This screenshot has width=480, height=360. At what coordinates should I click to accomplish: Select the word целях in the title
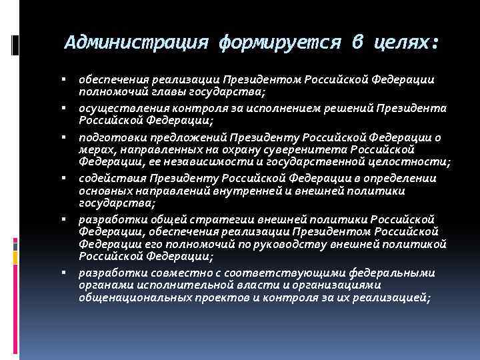coord(402,44)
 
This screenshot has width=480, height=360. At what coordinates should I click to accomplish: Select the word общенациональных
coord(131,297)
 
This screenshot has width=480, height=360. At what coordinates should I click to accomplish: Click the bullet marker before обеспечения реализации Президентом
coord(69,79)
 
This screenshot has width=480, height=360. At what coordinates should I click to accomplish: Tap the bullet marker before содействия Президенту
coord(69,179)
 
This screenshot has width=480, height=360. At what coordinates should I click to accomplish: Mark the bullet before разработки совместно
coord(69,273)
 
